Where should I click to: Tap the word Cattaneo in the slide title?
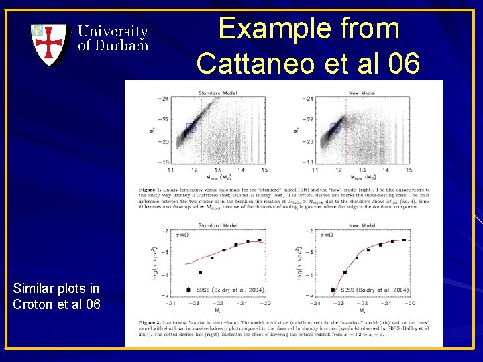(x=258, y=63)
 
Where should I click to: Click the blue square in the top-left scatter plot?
(x=190, y=127)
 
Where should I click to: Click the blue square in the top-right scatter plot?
(x=335, y=128)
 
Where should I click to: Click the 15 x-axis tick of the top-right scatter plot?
(x=409, y=170)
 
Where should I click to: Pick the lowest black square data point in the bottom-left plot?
(x=200, y=273)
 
